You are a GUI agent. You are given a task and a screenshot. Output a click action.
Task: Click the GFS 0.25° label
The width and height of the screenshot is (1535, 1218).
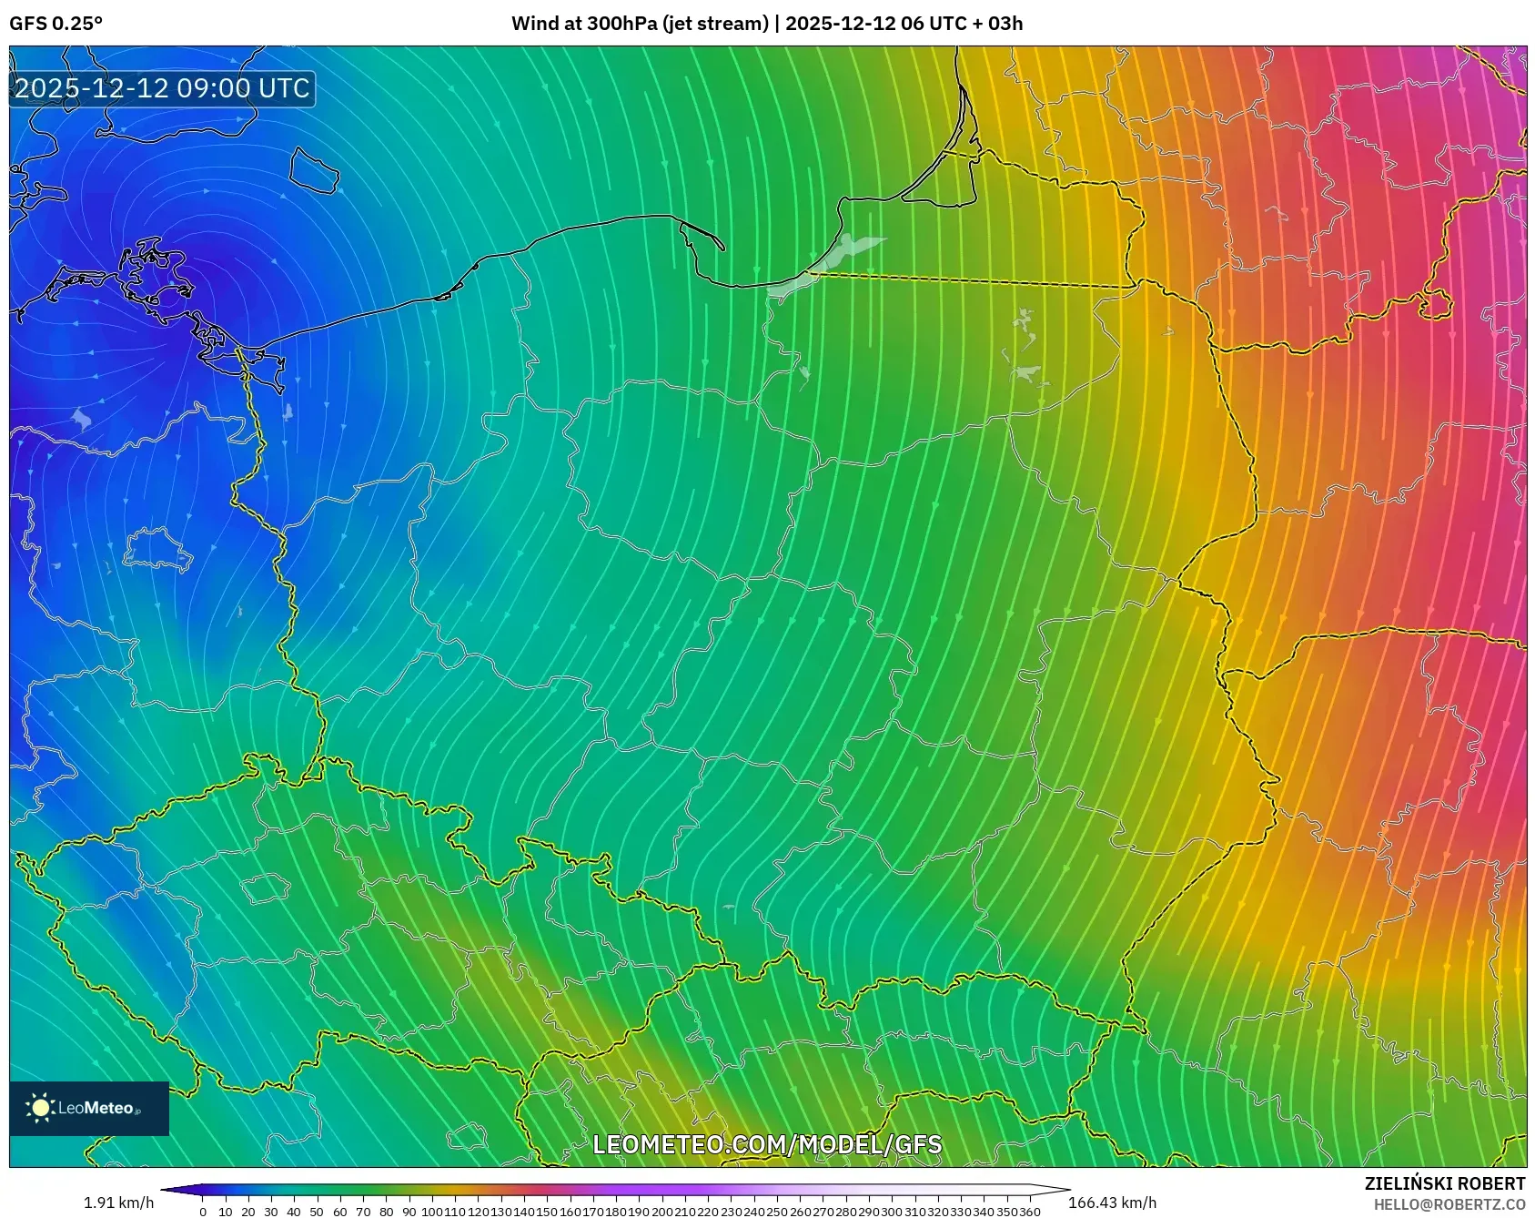point(56,24)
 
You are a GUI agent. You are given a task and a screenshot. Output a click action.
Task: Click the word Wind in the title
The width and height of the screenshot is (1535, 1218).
point(535,24)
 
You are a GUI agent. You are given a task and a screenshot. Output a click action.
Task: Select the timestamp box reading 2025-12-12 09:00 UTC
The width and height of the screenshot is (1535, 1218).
point(162,88)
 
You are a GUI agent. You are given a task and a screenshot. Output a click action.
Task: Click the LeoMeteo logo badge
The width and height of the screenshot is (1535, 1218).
point(89,1108)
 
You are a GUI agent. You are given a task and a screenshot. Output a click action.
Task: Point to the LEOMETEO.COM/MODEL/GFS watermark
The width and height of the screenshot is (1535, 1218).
point(767,1144)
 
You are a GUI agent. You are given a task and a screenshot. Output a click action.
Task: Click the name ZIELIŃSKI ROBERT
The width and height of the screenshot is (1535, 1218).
point(1444,1183)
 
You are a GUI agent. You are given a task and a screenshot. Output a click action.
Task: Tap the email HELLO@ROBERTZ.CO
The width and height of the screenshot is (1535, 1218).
point(1449,1204)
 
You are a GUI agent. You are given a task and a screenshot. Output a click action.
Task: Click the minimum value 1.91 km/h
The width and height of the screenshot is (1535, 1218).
point(118,1203)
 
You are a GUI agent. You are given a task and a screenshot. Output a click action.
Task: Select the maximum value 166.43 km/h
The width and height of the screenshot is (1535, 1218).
point(1112,1203)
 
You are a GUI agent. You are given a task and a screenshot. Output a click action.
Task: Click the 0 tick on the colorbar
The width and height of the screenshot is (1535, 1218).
point(203,1212)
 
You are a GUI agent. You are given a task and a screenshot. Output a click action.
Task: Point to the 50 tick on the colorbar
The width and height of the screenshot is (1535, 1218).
point(317,1212)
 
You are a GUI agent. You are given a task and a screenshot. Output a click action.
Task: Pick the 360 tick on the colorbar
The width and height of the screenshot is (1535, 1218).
point(1029,1212)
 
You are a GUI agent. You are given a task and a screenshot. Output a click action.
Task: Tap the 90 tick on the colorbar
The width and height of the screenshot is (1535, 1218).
point(409,1212)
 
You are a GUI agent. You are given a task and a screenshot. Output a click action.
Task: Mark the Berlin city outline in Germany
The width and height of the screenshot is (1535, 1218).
point(157,549)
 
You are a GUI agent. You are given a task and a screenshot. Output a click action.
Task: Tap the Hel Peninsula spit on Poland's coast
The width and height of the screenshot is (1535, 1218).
point(702,233)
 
